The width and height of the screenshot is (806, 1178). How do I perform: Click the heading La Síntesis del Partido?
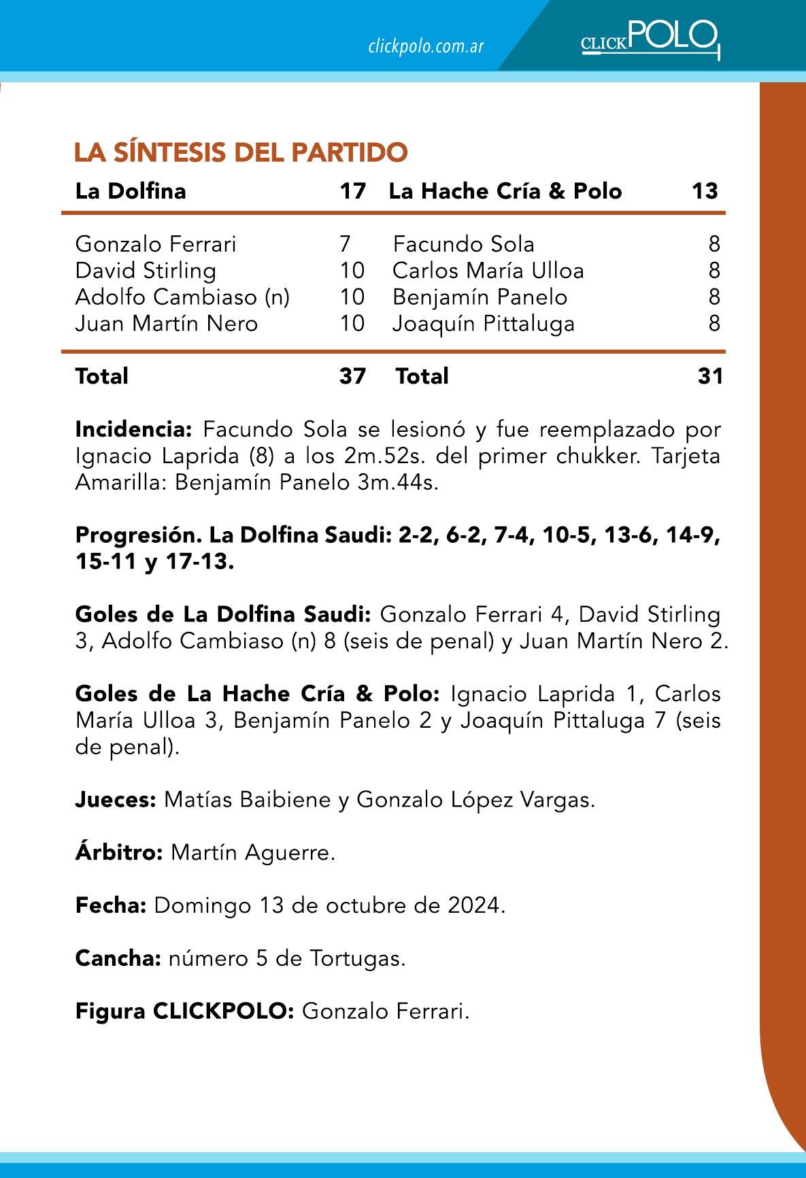coord(241,152)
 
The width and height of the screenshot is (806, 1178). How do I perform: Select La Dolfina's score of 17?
coord(352,190)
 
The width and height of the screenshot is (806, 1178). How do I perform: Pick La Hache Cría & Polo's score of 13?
coord(705,190)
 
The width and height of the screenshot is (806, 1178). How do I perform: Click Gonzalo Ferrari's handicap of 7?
coord(344,244)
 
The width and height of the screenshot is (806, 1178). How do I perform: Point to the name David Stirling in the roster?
coord(146,271)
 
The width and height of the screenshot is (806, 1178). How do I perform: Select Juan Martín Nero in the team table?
coord(167,323)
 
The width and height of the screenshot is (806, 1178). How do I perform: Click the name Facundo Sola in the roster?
coord(464,244)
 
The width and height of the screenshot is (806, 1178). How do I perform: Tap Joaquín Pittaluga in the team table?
coord(484,323)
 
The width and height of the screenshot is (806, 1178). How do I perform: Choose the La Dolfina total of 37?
coord(352,375)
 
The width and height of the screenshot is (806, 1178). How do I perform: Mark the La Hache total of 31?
coord(710,375)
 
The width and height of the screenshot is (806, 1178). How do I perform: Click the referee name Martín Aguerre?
coord(252,852)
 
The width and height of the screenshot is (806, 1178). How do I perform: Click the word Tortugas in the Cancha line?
coord(357,958)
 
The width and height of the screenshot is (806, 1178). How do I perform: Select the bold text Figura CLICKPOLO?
coord(184,1011)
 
